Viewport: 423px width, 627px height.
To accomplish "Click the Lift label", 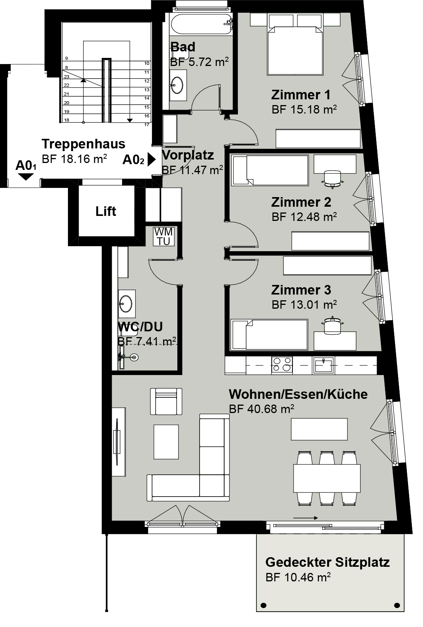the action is point(106,211).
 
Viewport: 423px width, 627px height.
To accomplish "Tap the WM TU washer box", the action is point(164,237).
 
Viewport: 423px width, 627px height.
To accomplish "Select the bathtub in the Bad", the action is point(201,24).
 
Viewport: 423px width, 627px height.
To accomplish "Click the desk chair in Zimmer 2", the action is point(332,179).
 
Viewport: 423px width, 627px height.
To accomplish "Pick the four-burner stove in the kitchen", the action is point(282,365).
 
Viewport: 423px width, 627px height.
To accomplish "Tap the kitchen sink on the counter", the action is point(323,365).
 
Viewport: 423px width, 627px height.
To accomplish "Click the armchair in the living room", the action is point(166,401).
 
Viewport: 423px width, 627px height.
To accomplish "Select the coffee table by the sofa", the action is point(166,442).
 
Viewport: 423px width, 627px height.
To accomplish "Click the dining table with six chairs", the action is point(327,478).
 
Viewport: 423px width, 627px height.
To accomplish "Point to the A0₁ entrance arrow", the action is point(26,177).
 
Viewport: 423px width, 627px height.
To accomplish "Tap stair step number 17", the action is point(147,125).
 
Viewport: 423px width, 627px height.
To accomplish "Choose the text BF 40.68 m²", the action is point(262,409).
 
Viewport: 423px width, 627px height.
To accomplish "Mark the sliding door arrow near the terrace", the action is point(305,518).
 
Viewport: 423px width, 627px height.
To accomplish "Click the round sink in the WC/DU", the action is point(126,303).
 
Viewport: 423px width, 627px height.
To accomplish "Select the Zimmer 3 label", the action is point(301,290).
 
